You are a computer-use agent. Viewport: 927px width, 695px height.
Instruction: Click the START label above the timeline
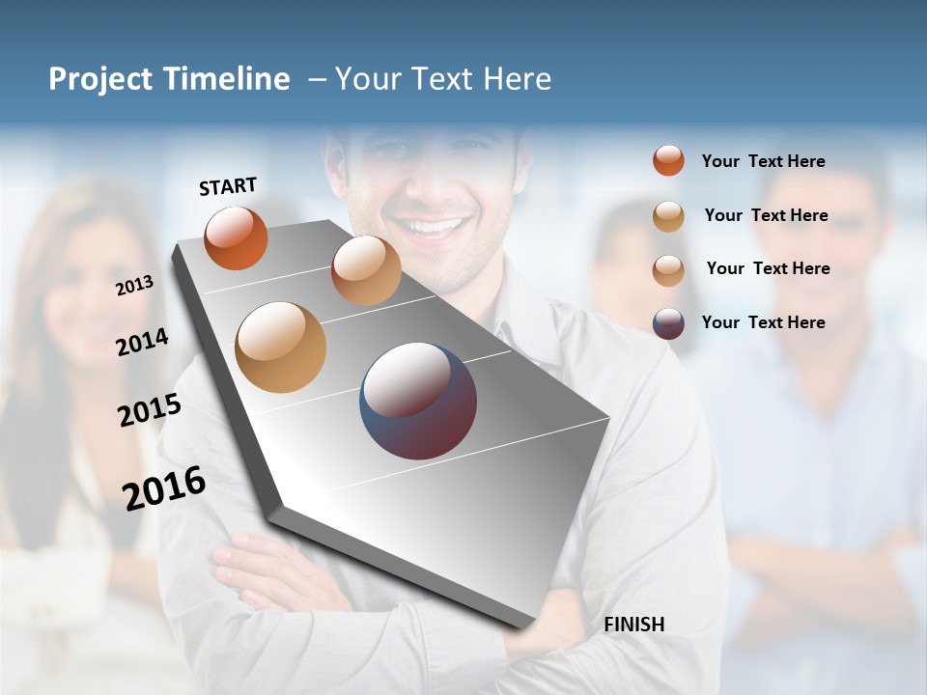tap(228, 186)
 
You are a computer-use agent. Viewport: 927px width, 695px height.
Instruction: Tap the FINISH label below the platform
tap(633, 625)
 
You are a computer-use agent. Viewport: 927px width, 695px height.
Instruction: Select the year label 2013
tap(134, 286)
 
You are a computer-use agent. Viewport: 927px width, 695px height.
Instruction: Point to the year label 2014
tap(142, 342)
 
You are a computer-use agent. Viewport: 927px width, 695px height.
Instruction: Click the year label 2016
tap(164, 487)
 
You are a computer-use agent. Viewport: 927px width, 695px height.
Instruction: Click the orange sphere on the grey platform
tap(236, 238)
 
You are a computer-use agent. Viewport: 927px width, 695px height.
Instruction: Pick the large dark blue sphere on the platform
tap(418, 401)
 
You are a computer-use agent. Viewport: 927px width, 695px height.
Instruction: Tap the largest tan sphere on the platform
tap(280, 347)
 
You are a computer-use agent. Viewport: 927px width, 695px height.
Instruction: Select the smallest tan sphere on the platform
tap(366, 270)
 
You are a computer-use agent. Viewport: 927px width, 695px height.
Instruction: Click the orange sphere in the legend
tap(668, 161)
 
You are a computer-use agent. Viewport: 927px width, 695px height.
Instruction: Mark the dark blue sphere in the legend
tap(668, 323)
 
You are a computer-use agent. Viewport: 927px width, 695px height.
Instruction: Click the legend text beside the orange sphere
tap(763, 161)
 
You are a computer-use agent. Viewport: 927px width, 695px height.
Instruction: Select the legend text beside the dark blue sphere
tap(763, 322)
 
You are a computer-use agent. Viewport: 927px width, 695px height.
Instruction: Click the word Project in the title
tap(100, 79)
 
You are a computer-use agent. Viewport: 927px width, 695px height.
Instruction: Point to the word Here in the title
tap(517, 79)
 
